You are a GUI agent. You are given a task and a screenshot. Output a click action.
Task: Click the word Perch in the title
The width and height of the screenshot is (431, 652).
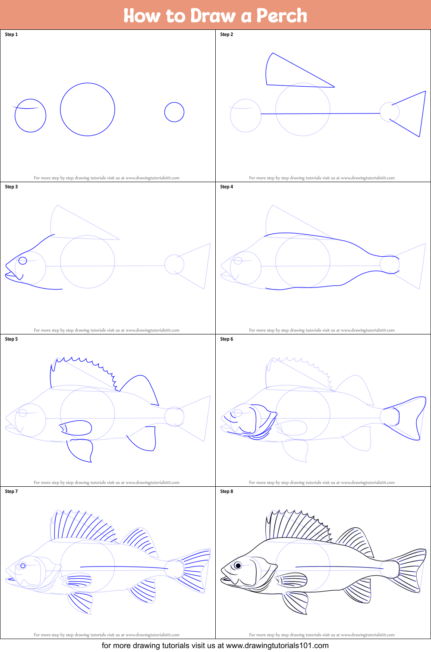pyautogui.click(x=281, y=16)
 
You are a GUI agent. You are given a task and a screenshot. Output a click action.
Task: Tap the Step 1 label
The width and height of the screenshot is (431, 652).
pyautogui.click(x=11, y=35)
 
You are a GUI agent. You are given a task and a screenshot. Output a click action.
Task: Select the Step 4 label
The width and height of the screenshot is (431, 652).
pyautogui.click(x=227, y=187)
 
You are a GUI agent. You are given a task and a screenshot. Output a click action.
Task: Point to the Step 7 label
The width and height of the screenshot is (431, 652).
pyautogui.click(x=11, y=491)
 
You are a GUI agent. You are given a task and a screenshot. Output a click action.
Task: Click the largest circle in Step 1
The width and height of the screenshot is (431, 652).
pyautogui.click(x=88, y=110)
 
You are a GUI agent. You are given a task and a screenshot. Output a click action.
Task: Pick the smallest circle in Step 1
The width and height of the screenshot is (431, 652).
pyautogui.click(x=174, y=112)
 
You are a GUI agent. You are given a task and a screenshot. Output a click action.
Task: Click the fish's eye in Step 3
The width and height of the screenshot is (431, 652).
pyautogui.click(x=23, y=260)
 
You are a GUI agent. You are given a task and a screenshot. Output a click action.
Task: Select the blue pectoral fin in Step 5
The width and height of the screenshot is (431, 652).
pyautogui.click(x=78, y=428)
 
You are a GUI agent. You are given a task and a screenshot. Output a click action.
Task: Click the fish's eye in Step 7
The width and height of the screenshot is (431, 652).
pyautogui.click(x=23, y=566)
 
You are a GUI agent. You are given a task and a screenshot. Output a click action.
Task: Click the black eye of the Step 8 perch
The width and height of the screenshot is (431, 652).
pyautogui.click(x=238, y=565)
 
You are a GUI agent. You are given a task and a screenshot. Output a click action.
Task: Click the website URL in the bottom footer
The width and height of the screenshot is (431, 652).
pyautogui.click(x=277, y=646)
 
